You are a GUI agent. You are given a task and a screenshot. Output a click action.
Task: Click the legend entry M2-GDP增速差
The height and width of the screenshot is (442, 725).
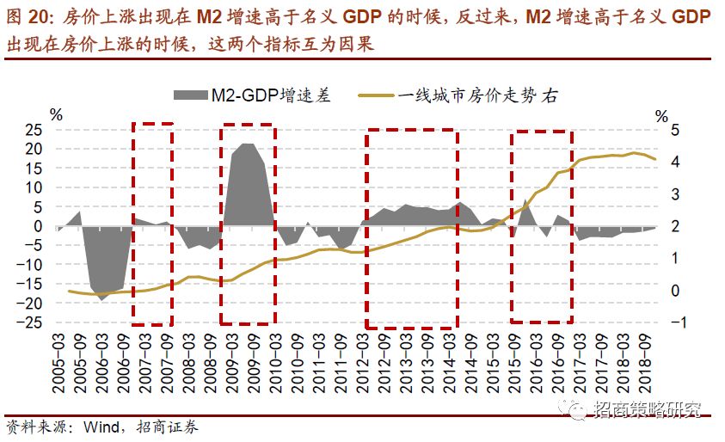[x=257, y=95]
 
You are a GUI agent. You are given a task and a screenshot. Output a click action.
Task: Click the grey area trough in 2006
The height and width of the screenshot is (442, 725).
[x=102, y=298]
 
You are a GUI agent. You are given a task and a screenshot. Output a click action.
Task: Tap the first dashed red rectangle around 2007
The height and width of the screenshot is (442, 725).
[x=153, y=224]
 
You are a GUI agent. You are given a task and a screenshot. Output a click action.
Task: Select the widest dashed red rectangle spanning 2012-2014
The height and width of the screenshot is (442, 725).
[x=410, y=228]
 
